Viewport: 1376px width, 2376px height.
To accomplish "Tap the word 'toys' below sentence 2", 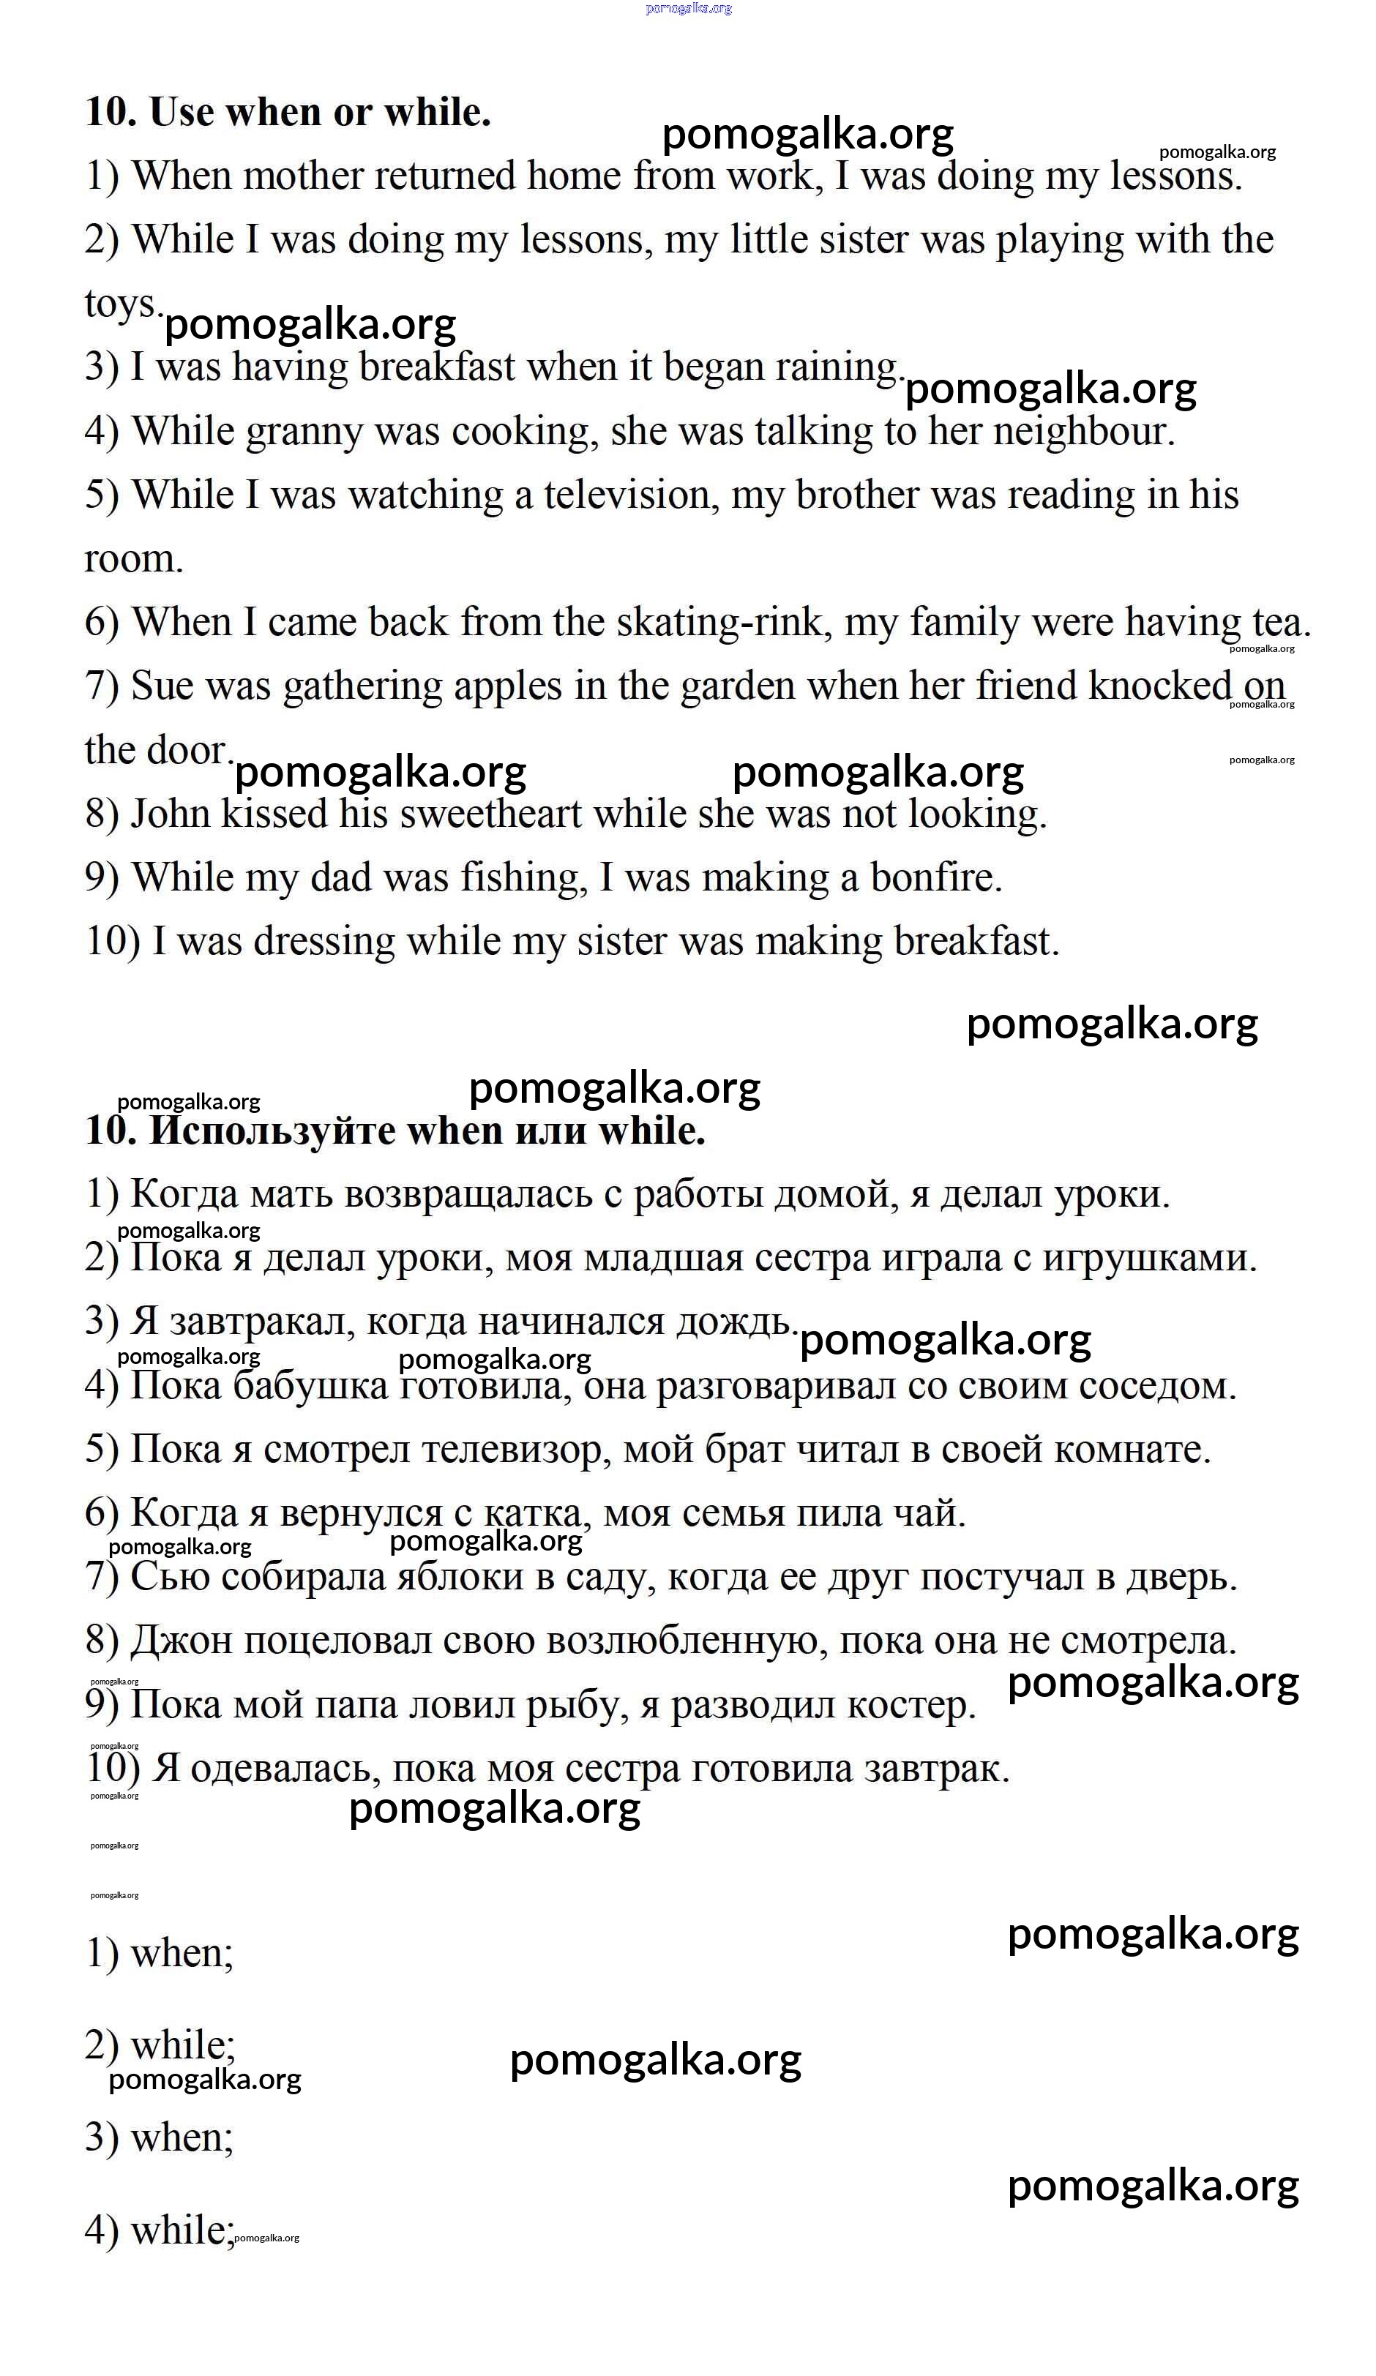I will [x=121, y=304].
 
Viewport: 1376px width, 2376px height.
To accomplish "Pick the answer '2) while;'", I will [x=160, y=2045].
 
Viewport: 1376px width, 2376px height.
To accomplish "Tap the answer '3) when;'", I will [x=158, y=2137].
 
